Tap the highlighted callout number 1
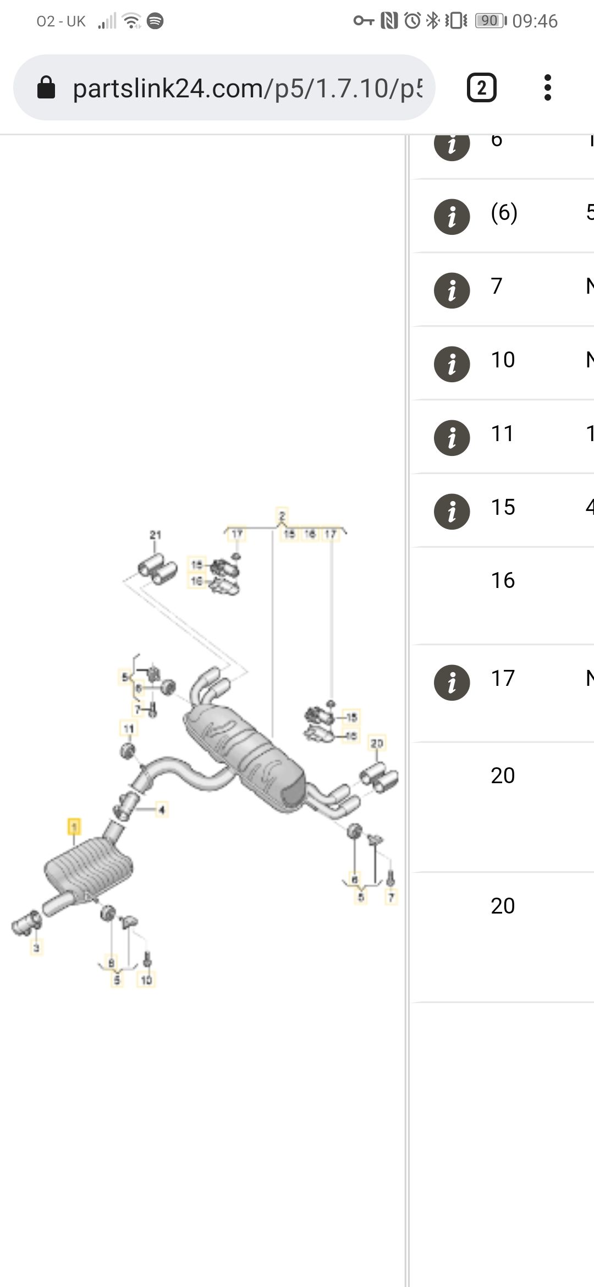pyautogui.click(x=74, y=826)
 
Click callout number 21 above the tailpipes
pyautogui.click(x=156, y=535)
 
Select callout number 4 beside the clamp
pyautogui.click(x=162, y=810)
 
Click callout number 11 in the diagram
pyautogui.click(x=128, y=729)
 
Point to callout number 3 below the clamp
pyautogui.click(x=36, y=947)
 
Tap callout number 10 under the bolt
pyautogui.click(x=146, y=980)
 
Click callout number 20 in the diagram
pyautogui.click(x=377, y=744)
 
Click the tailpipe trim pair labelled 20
pyautogui.click(x=379, y=778)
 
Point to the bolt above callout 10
pyautogui.click(x=147, y=960)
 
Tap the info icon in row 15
pyautogui.click(x=452, y=511)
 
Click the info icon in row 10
pyautogui.click(x=452, y=364)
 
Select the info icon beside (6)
pyautogui.click(x=452, y=217)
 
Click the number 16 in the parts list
pyautogui.click(x=503, y=581)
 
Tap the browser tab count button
pyautogui.click(x=481, y=87)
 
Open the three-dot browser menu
pyautogui.click(x=547, y=87)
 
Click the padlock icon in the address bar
pyautogui.click(x=46, y=87)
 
